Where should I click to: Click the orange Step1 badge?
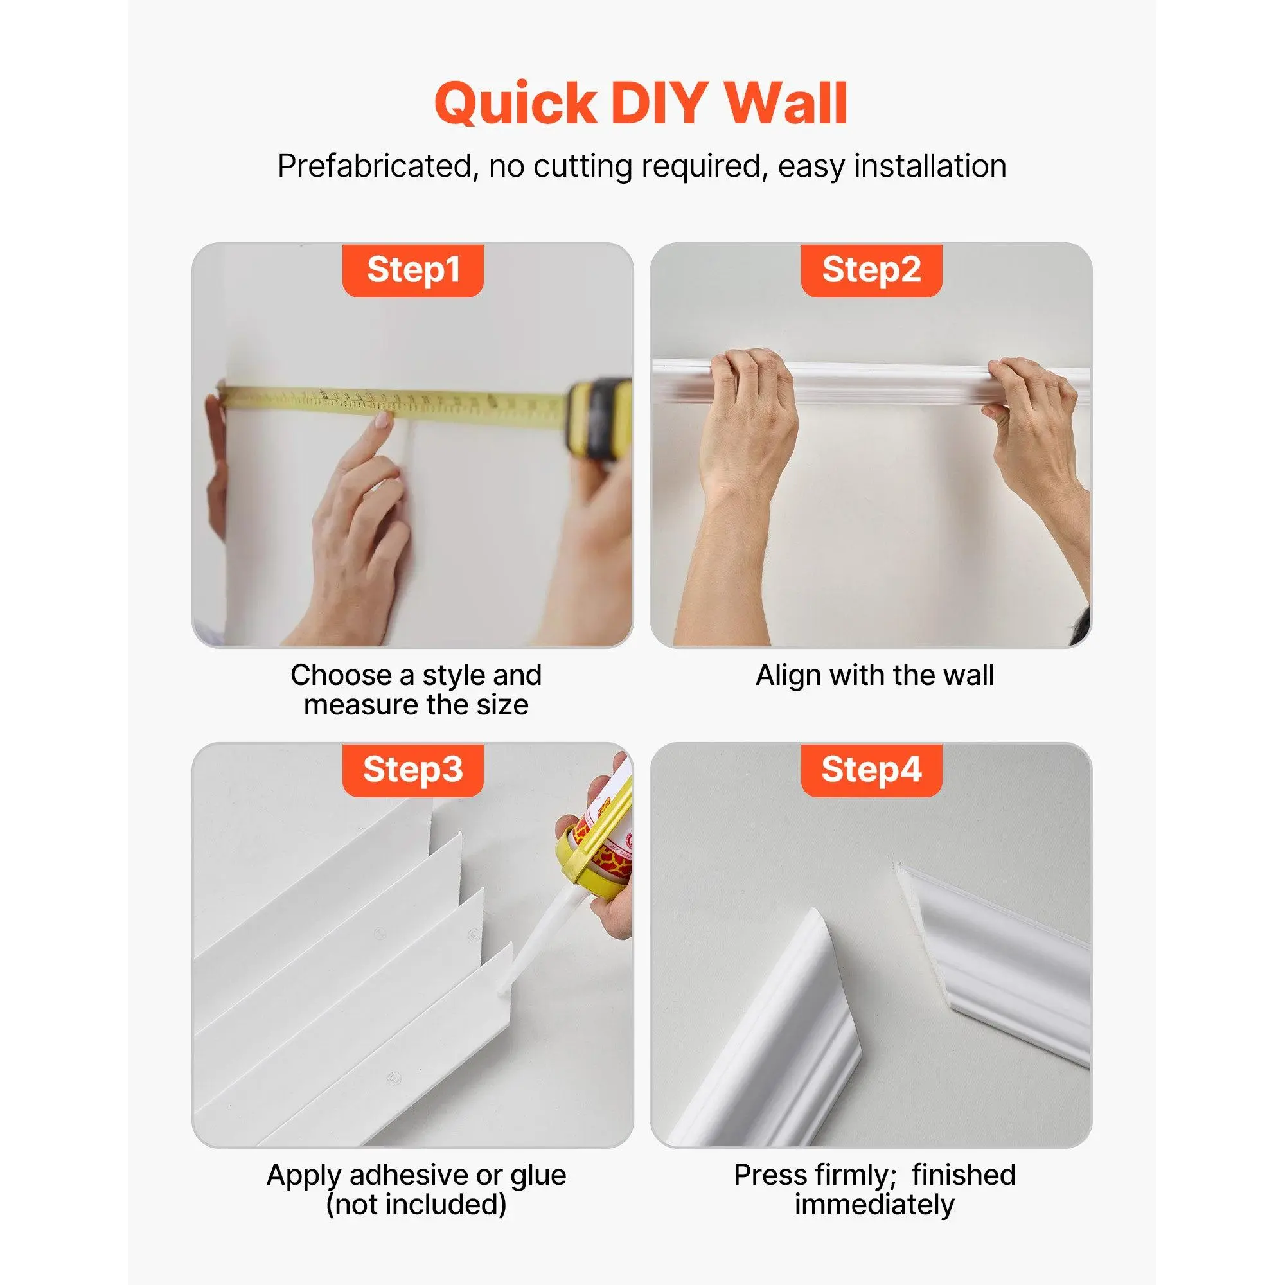tap(412, 270)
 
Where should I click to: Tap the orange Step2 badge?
tap(871, 270)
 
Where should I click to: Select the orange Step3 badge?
tap(412, 770)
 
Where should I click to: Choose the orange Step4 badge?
tap(871, 770)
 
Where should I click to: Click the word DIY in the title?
tap(659, 103)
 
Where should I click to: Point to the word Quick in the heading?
tap(515, 103)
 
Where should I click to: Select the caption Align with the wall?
tap(874, 675)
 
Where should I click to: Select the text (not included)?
tap(416, 1205)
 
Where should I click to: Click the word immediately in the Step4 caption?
tap(874, 1205)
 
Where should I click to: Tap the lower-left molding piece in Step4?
tap(772, 1038)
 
